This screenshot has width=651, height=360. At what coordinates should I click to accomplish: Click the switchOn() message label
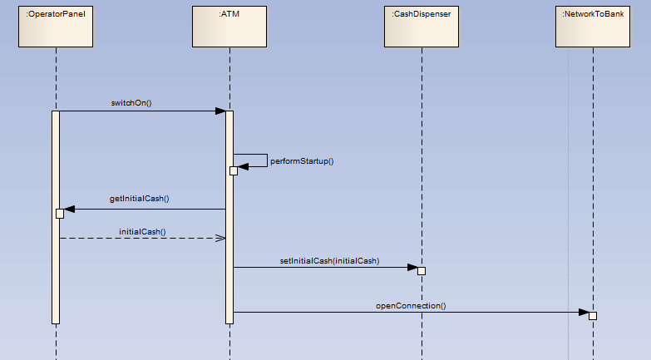coord(131,103)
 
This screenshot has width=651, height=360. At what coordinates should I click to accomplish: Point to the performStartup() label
coord(302,160)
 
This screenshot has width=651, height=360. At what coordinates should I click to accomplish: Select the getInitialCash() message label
coord(140,200)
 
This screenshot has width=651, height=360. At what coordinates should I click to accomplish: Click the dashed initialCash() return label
coord(142,231)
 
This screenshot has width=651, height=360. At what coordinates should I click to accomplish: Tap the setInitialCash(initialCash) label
coord(329,260)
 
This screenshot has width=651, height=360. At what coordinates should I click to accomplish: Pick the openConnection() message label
coord(411,305)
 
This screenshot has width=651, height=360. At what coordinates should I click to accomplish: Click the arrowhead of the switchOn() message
coord(220,111)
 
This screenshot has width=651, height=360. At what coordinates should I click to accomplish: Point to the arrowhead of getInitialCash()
coord(69,209)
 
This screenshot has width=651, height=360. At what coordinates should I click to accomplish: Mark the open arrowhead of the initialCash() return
coord(220,238)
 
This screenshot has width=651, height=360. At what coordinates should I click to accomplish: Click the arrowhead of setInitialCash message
coord(412,267)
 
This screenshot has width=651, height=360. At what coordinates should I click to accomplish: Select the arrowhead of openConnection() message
coord(584,313)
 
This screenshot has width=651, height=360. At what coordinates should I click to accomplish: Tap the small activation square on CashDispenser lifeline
coord(422,271)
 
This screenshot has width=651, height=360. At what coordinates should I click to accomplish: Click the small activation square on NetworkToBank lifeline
coord(593,316)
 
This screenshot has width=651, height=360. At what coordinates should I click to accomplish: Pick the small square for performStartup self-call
coord(234,170)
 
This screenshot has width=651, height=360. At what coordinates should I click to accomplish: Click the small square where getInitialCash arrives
coord(60,214)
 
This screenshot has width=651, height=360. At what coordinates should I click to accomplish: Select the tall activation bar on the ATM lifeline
coord(229,249)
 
